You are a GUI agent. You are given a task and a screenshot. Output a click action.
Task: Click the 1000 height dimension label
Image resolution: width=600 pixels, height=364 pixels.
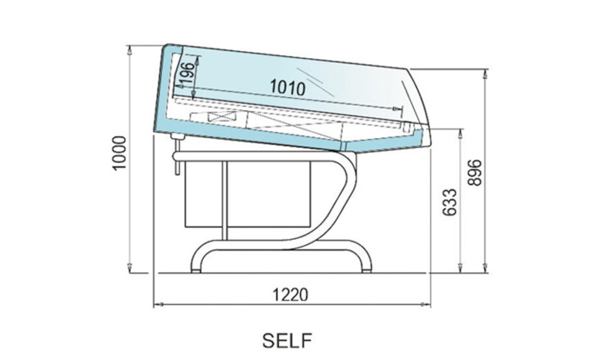point(119,153)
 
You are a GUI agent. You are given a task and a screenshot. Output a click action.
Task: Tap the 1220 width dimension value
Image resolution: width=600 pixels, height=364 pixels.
point(289,295)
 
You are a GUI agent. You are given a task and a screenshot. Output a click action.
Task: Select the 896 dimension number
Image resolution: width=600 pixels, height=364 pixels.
point(475,173)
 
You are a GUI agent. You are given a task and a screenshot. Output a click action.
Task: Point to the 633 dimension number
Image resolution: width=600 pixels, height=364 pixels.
point(449,203)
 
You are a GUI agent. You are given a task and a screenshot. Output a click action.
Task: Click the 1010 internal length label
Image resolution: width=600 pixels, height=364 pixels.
point(288,87)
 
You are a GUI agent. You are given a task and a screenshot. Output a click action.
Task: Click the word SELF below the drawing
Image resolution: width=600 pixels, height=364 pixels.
point(287,340)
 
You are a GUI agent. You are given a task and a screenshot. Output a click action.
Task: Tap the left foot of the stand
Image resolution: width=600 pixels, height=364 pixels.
point(196,271)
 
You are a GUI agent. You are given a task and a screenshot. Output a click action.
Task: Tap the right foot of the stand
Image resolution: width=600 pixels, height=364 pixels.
point(367,271)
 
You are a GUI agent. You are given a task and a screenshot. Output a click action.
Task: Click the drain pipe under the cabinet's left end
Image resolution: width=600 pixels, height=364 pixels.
point(177,155)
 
